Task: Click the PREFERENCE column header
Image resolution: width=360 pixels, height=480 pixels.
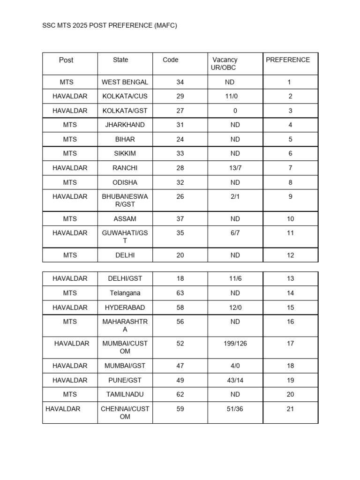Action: tap(288, 60)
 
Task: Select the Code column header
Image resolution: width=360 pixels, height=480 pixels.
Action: tap(171, 60)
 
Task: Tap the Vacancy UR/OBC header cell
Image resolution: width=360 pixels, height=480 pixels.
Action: tap(225, 64)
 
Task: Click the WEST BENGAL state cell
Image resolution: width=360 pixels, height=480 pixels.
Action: tap(125, 82)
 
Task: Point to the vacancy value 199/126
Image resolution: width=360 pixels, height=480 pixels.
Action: tap(235, 344)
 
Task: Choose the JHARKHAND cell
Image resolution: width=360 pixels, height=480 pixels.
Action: tap(125, 125)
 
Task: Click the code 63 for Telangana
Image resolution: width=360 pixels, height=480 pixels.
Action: tap(180, 293)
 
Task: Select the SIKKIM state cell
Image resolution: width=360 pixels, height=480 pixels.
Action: tap(125, 154)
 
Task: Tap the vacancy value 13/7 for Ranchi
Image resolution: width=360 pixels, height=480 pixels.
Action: tap(235, 168)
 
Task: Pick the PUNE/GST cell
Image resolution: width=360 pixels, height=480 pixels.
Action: tap(125, 380)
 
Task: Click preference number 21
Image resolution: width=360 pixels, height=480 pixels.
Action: tap(290, 409)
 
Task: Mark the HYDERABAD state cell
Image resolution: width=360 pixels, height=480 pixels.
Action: tap(125, 307)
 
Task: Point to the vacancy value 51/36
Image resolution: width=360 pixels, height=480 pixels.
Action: tap(235, 409)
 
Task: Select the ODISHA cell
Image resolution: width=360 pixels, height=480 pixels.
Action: tap(125, 182)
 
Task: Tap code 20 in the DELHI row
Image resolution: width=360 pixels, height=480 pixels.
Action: tap(180, 255)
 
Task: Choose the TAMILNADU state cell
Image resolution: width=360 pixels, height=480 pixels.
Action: tap(125, 395)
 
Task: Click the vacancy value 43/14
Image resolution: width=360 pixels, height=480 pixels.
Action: tap(235, 380)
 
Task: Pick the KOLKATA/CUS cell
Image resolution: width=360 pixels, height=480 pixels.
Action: tap(125, 97)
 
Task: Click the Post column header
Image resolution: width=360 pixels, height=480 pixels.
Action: tap(66, 60)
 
